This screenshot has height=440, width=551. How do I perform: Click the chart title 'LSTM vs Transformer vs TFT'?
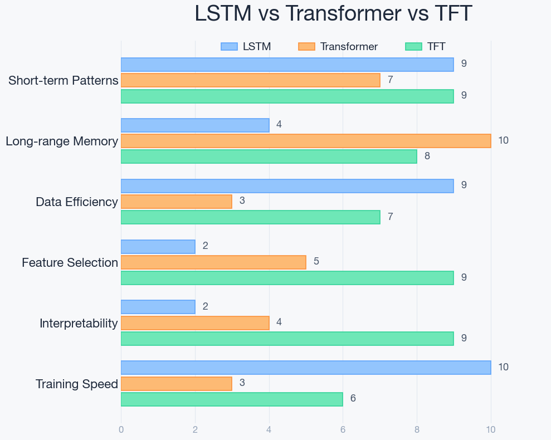(x=333, y=13)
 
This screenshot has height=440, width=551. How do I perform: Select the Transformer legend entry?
(x=338, y=47)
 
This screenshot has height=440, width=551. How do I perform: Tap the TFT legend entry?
(x=426, y=47)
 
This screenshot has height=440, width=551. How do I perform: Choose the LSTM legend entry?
(x=246, y=47)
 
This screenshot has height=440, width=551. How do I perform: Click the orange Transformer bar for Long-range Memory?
(x=306, y=140)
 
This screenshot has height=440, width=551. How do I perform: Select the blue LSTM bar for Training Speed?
(x=306, y=368)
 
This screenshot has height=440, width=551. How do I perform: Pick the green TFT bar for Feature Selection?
(x=287, y=278)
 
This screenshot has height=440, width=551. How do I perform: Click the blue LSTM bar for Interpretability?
(x=158, y=307)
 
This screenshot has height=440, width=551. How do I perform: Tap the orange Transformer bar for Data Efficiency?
(x=176, y=202)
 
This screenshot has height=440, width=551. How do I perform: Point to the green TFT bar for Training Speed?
(x=232, y=399)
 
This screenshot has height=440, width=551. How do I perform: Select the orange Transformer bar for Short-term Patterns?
(x=250, y=80)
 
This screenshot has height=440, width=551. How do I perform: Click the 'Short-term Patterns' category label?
(x=64, y=81)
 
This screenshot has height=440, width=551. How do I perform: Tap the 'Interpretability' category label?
(x=79, y=324)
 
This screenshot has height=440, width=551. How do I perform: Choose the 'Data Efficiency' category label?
(x=77, y=202)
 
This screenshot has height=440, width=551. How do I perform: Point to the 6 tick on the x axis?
(x=343, y=429)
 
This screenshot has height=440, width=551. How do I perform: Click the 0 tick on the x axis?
(x=121, y=429)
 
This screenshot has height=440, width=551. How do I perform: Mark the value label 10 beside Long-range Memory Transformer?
(x=503, y=140)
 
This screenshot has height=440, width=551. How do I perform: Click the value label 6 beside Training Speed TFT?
(x=353, y=399)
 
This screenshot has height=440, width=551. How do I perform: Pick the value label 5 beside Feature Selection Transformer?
(x=316, y=261)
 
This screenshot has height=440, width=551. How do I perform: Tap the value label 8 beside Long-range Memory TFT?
(x=427, y=156)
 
